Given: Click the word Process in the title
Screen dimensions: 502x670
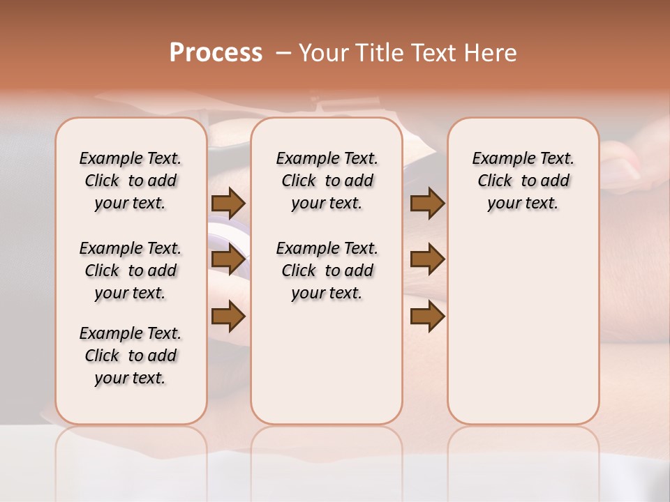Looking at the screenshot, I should [x=216, y=53].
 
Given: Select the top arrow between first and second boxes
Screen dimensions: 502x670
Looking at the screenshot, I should [x=228, y=204].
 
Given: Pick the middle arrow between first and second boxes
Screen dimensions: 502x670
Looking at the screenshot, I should [x=228, y=260].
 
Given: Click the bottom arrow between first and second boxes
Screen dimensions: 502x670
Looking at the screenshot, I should [x=228, y=317].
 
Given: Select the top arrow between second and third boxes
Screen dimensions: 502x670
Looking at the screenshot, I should [x=427, y=204].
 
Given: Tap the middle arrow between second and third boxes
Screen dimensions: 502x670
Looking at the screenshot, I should [x=427, y=260].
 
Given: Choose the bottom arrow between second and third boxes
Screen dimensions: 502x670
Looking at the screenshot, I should [x=427, y=317].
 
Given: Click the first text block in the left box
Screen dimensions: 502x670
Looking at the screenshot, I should [x=131, y=181].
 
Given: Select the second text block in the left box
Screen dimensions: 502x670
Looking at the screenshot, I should [x=131, y=271].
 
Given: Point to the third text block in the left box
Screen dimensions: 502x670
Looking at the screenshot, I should [x=131, y=356].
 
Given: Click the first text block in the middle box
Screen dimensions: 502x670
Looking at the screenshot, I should [x=327, y=181].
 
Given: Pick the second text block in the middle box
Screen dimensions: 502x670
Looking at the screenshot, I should [x=327, y=271].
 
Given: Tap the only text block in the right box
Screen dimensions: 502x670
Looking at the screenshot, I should [x=523, y=181].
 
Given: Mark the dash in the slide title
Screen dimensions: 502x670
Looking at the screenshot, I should [x=283, y=53].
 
